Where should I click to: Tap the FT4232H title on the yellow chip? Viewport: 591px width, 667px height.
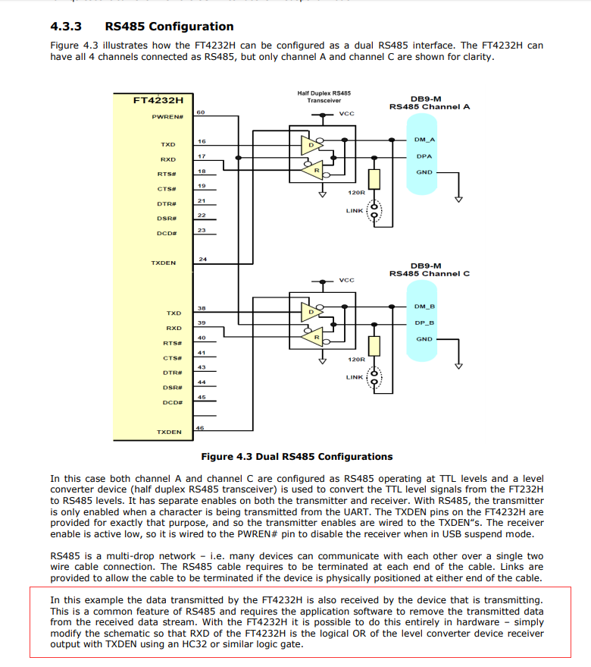coord(158,99)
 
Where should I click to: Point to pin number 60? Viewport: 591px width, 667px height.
coord(201,112)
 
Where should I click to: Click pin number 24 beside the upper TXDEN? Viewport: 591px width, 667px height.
coord(202,260)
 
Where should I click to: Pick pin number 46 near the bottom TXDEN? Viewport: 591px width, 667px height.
coord(200,429)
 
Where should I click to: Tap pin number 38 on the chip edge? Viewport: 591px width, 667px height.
coord(202,309)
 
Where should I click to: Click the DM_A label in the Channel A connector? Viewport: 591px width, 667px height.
coord(424,140)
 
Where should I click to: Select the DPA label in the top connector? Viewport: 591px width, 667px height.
coord(424,156)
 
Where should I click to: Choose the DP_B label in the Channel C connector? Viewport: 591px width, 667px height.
coord(424,322)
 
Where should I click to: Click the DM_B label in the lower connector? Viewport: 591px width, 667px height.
coord(424,307)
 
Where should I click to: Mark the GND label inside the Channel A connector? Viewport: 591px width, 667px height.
coord(424,172)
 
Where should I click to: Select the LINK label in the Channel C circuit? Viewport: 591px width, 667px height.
coord(355,377)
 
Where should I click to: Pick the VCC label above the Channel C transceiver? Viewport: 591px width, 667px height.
coord(346,280)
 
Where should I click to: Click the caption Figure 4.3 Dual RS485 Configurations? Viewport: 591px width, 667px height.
coord(296,457)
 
